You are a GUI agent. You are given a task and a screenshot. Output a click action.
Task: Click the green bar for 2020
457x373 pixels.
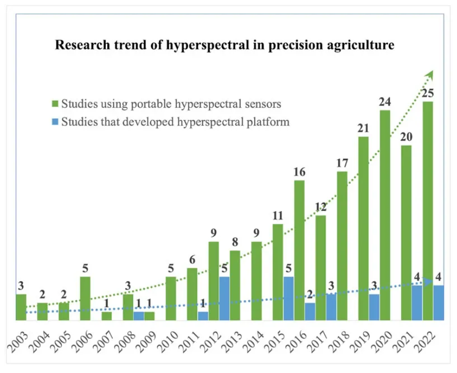[x=385, y=215]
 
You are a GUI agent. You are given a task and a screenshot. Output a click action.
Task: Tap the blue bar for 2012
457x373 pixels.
[x=224, y=299]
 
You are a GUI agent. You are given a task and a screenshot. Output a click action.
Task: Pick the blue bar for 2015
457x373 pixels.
[x=288, y=299]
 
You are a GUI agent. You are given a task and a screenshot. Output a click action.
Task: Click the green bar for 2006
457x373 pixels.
[x=85, y=299]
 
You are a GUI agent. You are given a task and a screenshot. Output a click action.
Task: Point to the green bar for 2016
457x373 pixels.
[x=299, y=250]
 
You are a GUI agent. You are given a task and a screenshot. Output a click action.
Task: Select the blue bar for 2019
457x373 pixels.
[x=374, y=307]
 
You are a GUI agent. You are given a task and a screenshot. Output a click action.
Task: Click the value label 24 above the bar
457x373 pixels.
[x=385, y=102]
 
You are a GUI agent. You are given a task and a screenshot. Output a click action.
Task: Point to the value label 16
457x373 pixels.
[x=299, y=172]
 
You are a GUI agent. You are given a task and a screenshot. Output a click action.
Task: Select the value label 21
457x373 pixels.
[x=363, y=128]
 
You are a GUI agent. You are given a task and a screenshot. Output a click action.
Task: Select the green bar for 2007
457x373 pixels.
[x=107, y=316]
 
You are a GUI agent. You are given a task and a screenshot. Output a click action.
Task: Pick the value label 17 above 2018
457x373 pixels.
[x=342, y=163]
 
